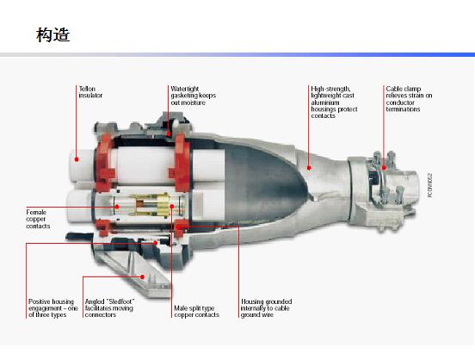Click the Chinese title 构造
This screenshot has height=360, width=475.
click(x=53, y=34)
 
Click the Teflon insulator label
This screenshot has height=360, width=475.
click(x=90, y=92)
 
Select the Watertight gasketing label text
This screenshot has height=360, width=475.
click(x=194, y=96)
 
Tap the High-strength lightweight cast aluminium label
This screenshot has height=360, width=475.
click(x=334, y=102)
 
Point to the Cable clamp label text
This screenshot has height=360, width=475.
click(x=409, y=99)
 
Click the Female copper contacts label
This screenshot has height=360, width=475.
click(x=38, y=219)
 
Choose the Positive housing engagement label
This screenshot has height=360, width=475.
click(x=53, y=308)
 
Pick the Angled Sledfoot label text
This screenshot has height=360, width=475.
click(x=109, y=308)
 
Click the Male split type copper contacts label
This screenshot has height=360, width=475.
click(x=196, y=312)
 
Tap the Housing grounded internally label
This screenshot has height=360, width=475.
click(x=266, y=308)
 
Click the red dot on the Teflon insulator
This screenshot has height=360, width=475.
click(x=77, y=159)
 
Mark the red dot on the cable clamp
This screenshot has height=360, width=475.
click(x=384, y=167)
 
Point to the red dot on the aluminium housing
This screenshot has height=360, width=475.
click(x=309, y=168)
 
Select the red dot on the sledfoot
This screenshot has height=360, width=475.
click(x=142, y=277)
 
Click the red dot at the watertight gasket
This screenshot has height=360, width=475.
click(x=169, y=133)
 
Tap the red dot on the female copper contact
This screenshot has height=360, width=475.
click(x=117, y=207)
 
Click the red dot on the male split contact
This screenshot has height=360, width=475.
click(x=172, y=207)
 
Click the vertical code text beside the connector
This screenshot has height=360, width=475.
click(x=430, y=185)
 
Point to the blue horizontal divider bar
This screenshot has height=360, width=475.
click(x=237, y=55)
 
